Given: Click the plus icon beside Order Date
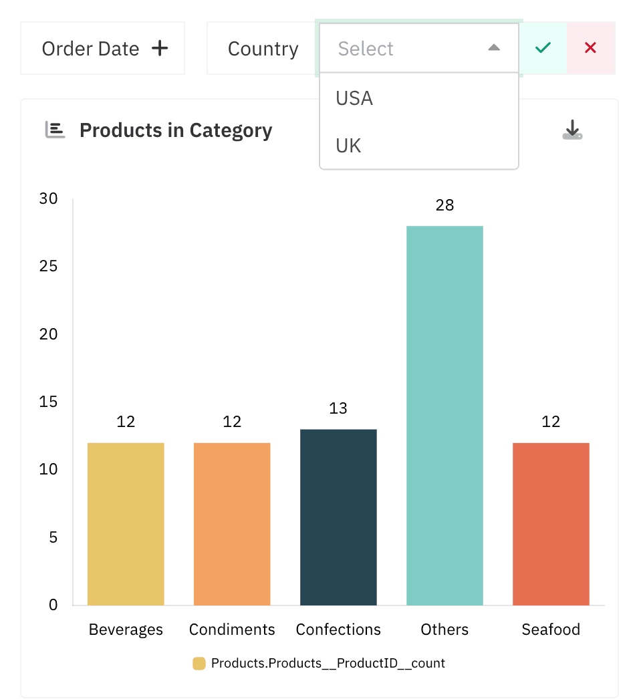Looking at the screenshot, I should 160,48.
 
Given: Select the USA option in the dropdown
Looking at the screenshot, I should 354,98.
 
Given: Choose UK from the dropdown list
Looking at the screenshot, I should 348,146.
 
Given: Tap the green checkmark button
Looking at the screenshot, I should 543,48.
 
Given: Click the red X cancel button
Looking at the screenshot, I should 590,48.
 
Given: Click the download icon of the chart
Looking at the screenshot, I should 572,130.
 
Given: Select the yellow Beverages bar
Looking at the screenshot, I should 126,524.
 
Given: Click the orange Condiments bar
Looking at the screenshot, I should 232,524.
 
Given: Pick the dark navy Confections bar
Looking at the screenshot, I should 338,517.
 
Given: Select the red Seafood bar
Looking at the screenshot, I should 551,524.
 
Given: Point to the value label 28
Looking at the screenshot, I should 445,206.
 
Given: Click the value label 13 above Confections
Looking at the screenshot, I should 338,408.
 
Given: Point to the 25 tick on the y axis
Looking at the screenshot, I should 49,266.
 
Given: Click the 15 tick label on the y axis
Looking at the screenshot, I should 49,402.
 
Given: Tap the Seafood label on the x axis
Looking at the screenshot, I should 551,630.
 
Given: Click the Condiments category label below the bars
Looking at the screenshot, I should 232,630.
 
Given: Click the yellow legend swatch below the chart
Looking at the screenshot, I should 199,664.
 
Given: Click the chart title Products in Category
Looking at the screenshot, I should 176,130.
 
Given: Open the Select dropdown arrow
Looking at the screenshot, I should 494,48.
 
